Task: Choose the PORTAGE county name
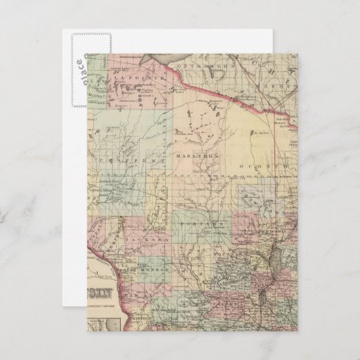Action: [201, 223]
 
